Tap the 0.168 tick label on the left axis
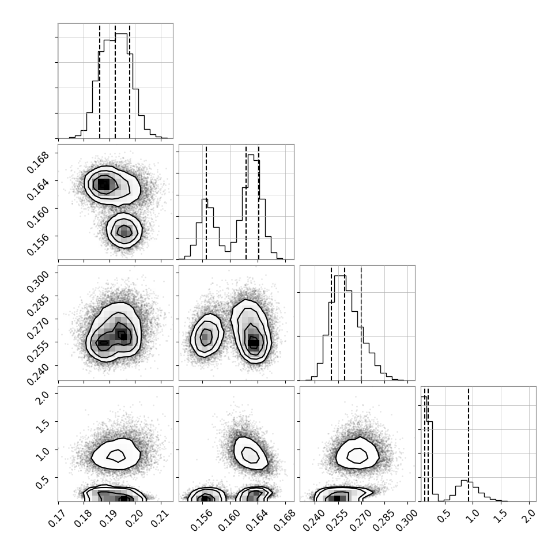pyautogui.click(x=38, y=162)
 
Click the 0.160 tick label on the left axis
pyautogui.click(x=38, y=217)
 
